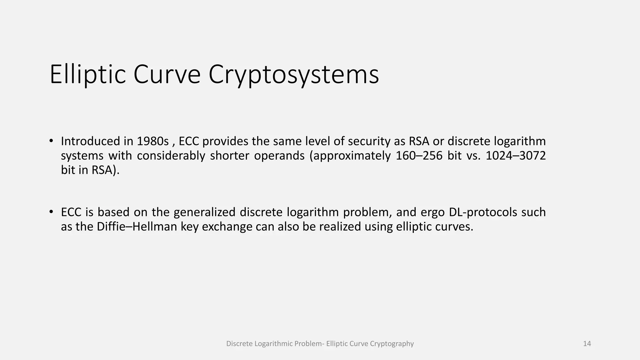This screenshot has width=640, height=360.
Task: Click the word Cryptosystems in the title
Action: click(x=293, y=74)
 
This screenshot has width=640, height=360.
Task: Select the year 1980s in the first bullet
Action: click(x=152, y=141)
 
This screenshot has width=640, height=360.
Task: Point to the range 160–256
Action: click(x=419, y=156)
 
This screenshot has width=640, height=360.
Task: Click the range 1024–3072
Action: click(x=516, y=156)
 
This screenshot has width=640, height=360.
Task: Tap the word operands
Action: click(x=279, y=156)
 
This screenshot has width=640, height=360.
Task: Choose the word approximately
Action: click(x=350, y=156)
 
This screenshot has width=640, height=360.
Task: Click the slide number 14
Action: click(x=587, y=344)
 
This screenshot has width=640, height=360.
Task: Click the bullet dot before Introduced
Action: click(x=51, y=141)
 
